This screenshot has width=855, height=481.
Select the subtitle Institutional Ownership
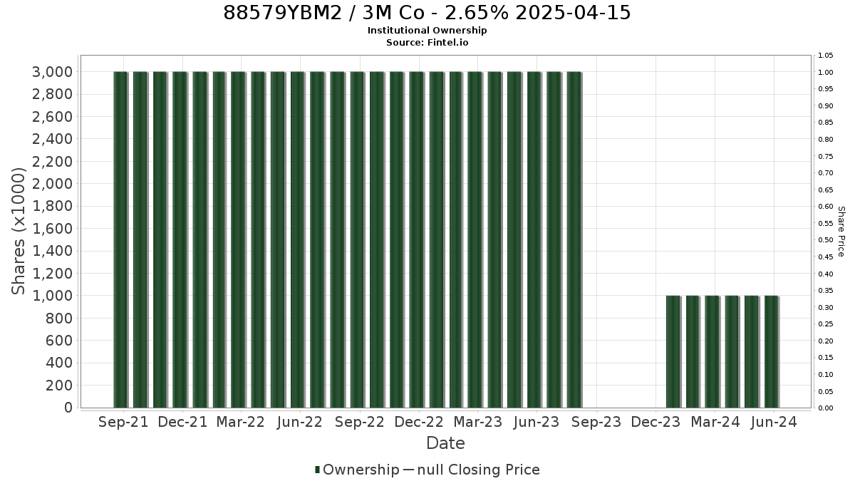pos(427,31)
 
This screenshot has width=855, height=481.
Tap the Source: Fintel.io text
pos(427,42)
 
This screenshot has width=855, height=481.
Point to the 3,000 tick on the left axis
pos(52,72)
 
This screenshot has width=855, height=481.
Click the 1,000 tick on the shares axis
pos(52,296)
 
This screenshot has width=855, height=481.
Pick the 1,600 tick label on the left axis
pos(52,229)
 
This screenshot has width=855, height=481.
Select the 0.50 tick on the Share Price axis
pos(826,239)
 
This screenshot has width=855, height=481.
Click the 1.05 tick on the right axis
pos(826,56)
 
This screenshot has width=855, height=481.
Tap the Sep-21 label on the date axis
pos(123,422)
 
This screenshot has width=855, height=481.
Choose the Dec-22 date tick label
pos(419,422)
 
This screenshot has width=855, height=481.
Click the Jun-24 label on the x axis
pos(774,422)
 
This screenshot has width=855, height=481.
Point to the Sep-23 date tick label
pos(596,422)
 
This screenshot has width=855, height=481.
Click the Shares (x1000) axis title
pos(19,232)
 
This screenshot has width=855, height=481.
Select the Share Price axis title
pos(841,232)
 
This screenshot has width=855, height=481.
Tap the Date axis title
pos(445,443)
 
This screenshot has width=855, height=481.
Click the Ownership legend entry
pos(357,470)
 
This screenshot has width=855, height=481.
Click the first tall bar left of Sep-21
pos(120,239)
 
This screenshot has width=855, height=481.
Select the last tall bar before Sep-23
pos(574,239)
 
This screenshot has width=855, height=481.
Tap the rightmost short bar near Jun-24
pos(772,351)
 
